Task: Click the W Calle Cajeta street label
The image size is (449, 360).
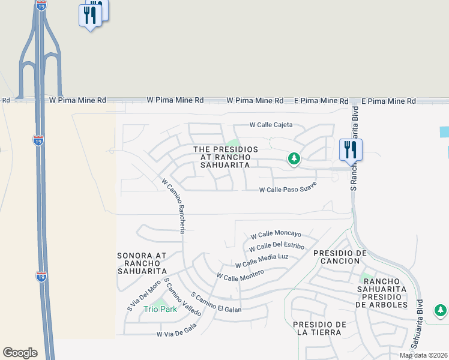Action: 271,125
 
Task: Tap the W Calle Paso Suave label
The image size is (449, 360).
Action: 288,190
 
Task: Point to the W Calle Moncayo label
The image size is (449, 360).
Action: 276,235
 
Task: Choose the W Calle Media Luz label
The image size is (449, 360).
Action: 262,261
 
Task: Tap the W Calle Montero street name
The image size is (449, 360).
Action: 240,275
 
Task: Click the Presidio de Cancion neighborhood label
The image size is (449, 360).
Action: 340,257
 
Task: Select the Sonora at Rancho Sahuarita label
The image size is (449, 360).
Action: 142,263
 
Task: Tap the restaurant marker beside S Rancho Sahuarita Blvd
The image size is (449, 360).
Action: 350,149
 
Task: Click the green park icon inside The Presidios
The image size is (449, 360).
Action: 294,159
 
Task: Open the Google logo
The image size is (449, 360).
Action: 20,353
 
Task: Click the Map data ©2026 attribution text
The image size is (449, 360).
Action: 423,355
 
